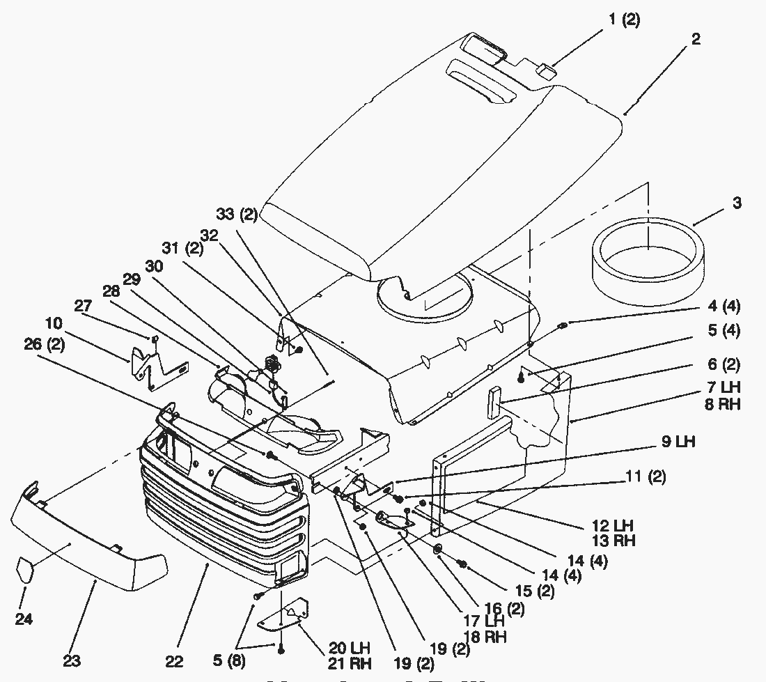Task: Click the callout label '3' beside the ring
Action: tap(717, 203)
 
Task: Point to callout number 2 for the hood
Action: tap(696, 39)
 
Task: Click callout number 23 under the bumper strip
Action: tap(72, 660)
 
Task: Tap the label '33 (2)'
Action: tap(237, 215)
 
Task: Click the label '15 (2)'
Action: tap(536, 591)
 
